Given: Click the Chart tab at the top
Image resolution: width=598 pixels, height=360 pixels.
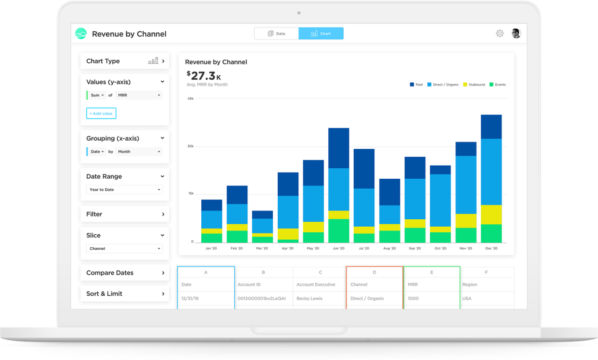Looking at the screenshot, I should (x=321, y=34).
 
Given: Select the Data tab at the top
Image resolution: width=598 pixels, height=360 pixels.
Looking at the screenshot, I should (x=276, y=34).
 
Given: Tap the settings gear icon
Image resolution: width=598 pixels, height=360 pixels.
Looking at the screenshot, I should (x=500, y=34).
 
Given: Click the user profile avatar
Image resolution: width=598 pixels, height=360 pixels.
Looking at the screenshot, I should (x=516, y=34).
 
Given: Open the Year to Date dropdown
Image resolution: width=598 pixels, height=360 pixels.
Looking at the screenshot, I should (x=125, y=189).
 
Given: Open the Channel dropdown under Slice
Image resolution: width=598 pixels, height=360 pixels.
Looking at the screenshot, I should (x=125, y=249).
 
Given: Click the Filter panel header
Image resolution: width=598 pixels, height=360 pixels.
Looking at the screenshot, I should (x=125, y=214).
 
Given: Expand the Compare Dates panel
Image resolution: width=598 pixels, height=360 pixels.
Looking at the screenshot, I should (x=125, y=273).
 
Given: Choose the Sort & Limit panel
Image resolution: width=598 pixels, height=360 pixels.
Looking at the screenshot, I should (x=125, y=294).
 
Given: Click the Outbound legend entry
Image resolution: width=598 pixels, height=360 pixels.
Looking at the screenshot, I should (x=473, y=84).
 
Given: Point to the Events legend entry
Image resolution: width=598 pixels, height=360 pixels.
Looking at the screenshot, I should (x=497, y=84).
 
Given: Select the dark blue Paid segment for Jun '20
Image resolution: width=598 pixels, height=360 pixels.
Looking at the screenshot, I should (x=338, y=148).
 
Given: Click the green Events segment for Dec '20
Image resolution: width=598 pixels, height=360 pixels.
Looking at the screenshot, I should (x=491, y=234).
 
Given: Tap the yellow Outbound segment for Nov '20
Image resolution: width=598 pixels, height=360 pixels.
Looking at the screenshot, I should (x=466, y=220).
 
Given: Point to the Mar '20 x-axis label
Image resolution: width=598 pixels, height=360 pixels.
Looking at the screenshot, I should (x=262, y=249).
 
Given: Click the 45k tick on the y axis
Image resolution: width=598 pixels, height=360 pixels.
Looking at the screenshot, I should (x=191, y=98).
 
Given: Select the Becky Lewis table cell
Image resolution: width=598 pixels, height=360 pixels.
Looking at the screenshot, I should (x=310, y=298).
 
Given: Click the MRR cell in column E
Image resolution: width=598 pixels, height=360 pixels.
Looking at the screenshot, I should (x=413, y=285).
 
